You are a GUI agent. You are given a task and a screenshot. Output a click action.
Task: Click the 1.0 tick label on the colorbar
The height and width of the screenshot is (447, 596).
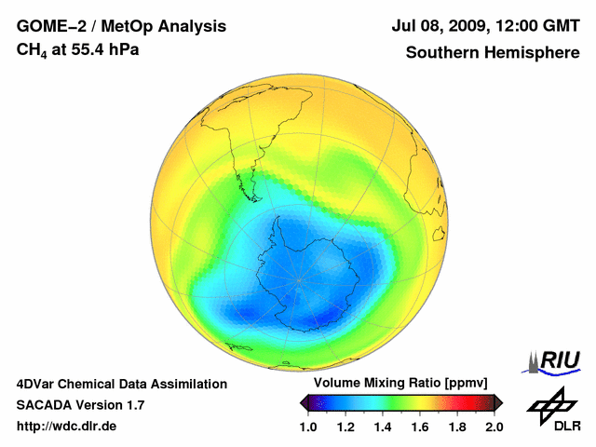click(308, 427)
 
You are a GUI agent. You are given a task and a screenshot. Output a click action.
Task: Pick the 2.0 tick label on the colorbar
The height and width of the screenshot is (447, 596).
click(494, 427)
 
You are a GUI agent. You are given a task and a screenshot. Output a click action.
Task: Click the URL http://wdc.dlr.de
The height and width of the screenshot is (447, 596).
click(66, 427)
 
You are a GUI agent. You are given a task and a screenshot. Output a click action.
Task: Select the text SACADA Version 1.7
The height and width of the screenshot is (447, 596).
click(80, 405)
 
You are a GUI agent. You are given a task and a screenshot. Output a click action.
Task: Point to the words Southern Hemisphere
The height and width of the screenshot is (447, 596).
click(493, 52)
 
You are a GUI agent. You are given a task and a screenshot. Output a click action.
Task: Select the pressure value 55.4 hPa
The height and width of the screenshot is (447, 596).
click(105, 48)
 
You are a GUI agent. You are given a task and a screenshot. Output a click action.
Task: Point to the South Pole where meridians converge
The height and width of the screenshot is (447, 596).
click(300, 279)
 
